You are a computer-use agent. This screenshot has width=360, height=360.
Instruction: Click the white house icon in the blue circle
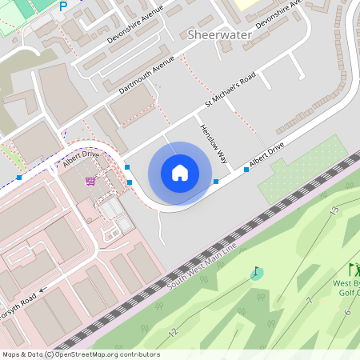(180, 172)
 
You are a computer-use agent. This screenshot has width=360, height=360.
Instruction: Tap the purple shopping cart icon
(90, 180)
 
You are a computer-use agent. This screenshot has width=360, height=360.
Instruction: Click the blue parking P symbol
(63, 6)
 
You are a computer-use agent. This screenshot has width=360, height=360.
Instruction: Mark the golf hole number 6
(347, 311)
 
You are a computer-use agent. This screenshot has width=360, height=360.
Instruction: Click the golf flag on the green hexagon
(256, 273)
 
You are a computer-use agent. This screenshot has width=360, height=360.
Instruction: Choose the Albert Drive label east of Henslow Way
(266, 156)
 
